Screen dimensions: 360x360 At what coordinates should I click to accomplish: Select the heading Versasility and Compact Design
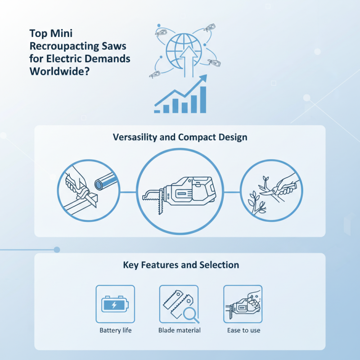[x=180, y=137]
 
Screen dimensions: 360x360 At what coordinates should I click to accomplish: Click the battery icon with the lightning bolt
[x=115, y=305]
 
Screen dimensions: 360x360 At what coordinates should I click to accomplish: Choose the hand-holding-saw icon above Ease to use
[x=243, y=305]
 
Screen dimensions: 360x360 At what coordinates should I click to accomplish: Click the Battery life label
[x=115, y=330]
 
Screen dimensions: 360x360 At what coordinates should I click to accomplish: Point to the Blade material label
[x=179, y=330]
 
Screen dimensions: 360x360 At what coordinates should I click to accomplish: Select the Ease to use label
[x=243, y=330]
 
